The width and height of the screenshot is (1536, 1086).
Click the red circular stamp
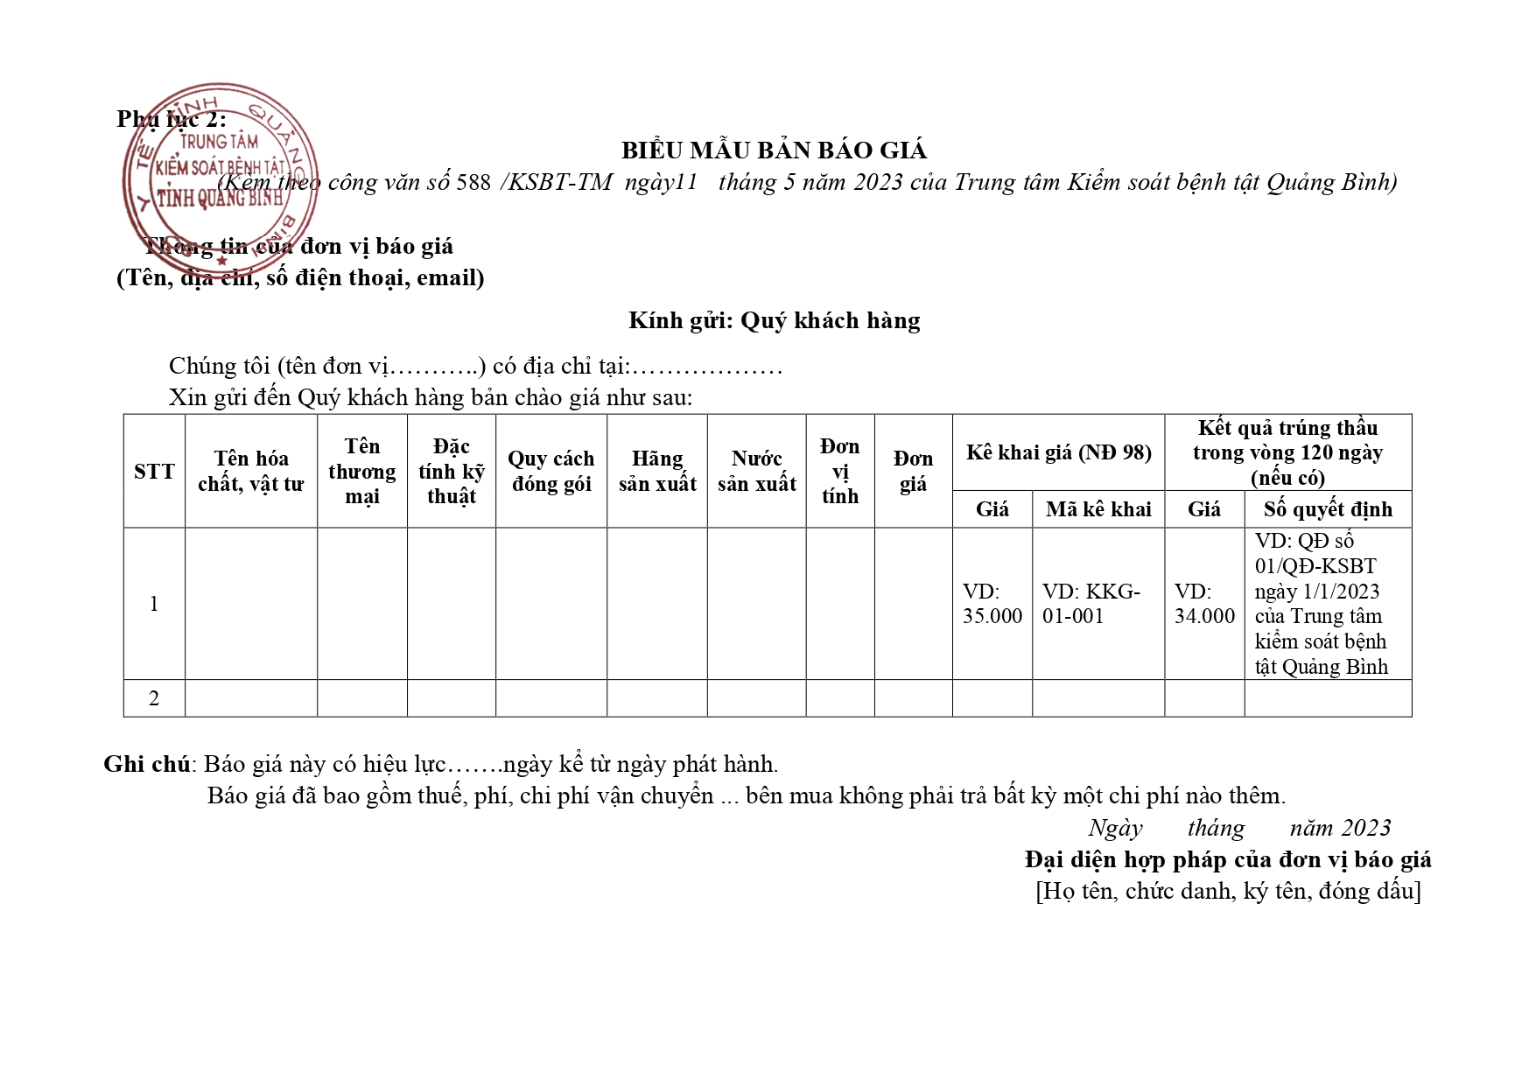[220, 171]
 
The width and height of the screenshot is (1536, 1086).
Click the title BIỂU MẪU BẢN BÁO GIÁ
[774, 151]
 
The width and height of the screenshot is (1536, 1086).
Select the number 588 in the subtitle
[473, 183]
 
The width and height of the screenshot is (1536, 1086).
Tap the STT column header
[154, 472]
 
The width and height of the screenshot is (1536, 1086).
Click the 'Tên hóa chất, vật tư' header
[250, 471]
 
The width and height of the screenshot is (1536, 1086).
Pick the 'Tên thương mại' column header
[361, 471]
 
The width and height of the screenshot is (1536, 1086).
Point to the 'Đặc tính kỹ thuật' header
[451, 471]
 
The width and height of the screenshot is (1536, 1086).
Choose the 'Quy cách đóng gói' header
[551, 471]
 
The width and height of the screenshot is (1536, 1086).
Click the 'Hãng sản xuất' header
[656, 471]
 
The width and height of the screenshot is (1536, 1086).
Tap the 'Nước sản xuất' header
[756, 471]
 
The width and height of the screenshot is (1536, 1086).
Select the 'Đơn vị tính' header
[839, 471]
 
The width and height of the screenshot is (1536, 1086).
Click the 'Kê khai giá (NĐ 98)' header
[1058, 452]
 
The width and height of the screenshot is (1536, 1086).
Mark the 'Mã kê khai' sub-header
[1098, 509]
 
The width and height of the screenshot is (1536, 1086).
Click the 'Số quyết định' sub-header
[1327, 509]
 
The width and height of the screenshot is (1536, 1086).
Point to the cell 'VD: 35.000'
[992, 604]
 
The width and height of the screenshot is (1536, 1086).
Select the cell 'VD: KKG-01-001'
[1091, 604]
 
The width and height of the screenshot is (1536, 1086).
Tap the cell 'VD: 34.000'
[1203, 604]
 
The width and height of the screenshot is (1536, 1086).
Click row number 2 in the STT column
[154, 698]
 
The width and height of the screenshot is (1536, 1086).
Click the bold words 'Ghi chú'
[146, 764]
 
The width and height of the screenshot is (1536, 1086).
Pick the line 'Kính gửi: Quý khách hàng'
[774, 320]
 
